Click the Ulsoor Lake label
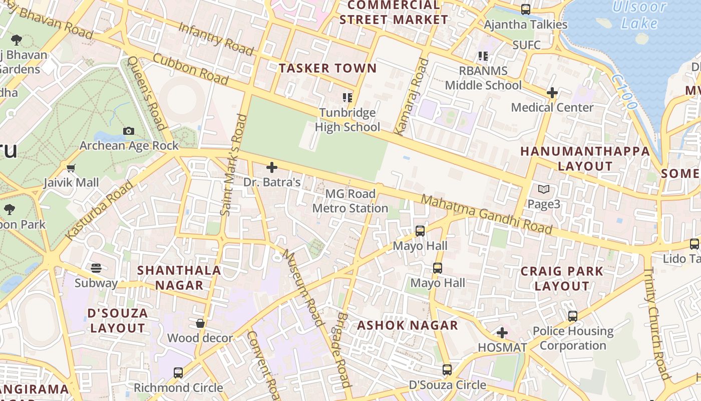coord(639,15)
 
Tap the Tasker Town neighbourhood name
coord(327,68)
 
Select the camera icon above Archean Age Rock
coord(129,131)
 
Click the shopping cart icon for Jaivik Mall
coord(71,168)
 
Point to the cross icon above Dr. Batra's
coord(272,167)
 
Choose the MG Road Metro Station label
coord(350,201)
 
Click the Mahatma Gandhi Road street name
coord(486,215)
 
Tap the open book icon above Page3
coord(544,189)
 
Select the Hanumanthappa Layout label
coord(585,158)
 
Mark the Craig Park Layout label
coord(562,279)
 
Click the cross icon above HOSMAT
coord(502,333)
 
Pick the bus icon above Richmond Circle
coord(178,373)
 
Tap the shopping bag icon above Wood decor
coord(200,323)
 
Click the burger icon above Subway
coord(96,268)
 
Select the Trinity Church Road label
coord(656,323)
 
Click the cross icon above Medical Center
coord(552,93)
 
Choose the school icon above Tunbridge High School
coord(347,97)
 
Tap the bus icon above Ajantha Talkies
coord(526,10)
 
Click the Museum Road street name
coord(303,288)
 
